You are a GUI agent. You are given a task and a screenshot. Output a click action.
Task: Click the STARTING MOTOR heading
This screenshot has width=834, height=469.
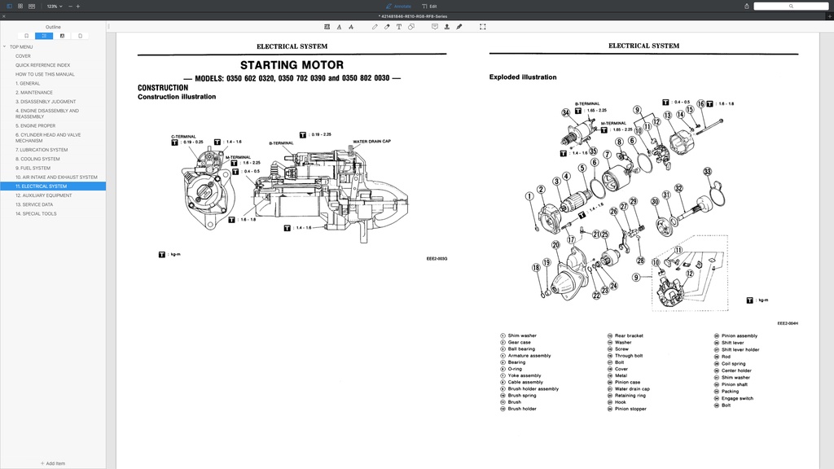click(x=292, y=65)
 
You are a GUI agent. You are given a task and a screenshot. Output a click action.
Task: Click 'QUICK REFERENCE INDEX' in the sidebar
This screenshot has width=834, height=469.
click(x=42, y=65)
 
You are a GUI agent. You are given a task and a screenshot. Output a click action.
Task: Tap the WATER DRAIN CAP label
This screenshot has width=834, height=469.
click(x=371, y=141)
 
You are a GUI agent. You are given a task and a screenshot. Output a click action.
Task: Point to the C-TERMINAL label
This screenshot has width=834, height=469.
click(x=183, y=136)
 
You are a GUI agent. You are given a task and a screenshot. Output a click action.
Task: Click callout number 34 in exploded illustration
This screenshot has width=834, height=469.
click(x=565, y=112)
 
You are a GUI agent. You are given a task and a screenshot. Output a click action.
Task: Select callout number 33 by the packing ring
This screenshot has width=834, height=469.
click(x=707, y=172)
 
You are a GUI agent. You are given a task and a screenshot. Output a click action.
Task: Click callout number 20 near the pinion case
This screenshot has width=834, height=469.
click(x=555, y=244)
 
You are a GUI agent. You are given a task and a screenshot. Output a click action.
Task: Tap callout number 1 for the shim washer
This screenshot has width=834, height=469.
click(x=529, y=195)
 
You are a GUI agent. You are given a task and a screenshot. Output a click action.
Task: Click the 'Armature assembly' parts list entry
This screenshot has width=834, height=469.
click(x=529, y=356)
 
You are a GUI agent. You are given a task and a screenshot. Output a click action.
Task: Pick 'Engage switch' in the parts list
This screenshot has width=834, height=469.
click(x=737, y=398)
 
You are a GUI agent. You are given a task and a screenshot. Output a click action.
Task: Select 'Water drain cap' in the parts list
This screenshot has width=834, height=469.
click(x=632, y=388)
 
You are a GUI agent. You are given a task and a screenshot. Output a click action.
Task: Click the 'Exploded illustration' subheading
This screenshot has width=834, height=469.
click(x=523, y=77)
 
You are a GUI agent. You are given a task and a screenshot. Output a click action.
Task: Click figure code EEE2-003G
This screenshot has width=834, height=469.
click(x=437, y=259)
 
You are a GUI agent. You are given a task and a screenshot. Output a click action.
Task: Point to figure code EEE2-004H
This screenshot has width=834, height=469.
click(x=787, y=323)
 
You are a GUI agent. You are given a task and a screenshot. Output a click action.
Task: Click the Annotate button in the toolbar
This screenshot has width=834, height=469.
click(x=398, y=6)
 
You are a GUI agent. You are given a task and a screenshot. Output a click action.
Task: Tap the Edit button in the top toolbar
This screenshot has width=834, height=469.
click(x=429, y=6)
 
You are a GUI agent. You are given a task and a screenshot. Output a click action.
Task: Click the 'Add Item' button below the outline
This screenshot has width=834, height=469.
click(x=53, y=463)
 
